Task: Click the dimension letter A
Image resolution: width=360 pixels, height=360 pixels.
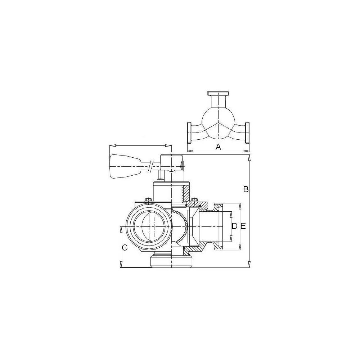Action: [x=219, y=147]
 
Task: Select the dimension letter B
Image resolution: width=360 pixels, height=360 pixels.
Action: [x=246, y=189]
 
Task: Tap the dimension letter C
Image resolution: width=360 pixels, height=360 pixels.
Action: [x=125, y=248]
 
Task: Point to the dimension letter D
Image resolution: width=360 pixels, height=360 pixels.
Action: [x=234, y=226]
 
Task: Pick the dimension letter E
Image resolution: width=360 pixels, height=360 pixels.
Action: [x=243, y=226]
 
